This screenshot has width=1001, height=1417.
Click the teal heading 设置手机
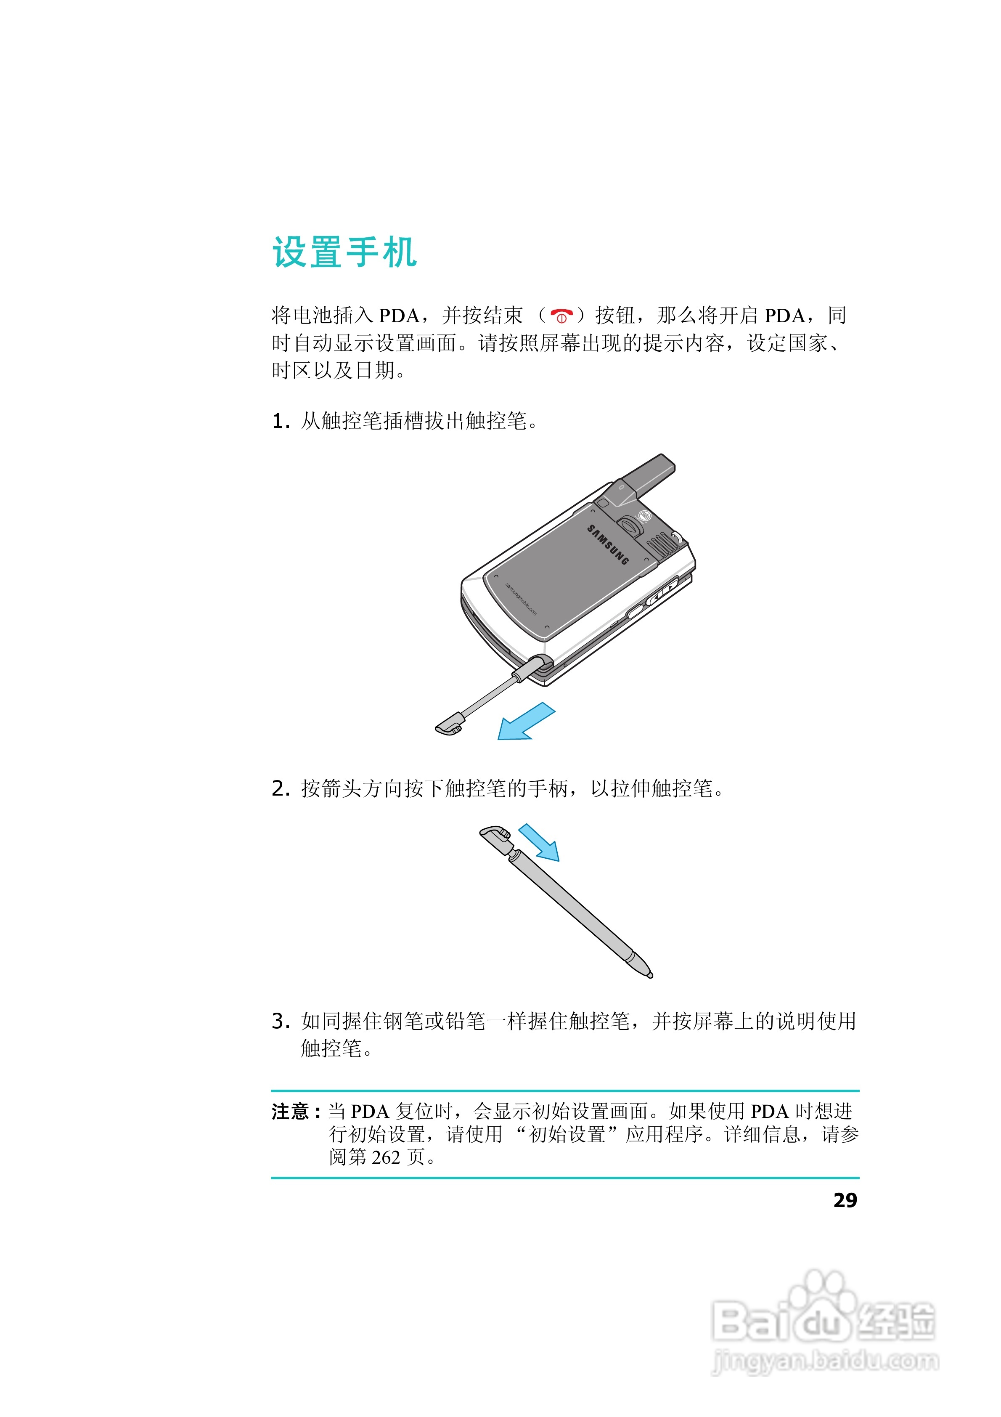coord(345,252)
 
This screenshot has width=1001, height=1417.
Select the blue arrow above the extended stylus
coord(539,842)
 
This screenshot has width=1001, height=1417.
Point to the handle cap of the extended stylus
coord(495,837)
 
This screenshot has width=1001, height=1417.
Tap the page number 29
coord(845,1200)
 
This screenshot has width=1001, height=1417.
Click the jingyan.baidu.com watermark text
coord(826,1361)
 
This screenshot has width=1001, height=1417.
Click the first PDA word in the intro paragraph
coord(399,316)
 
